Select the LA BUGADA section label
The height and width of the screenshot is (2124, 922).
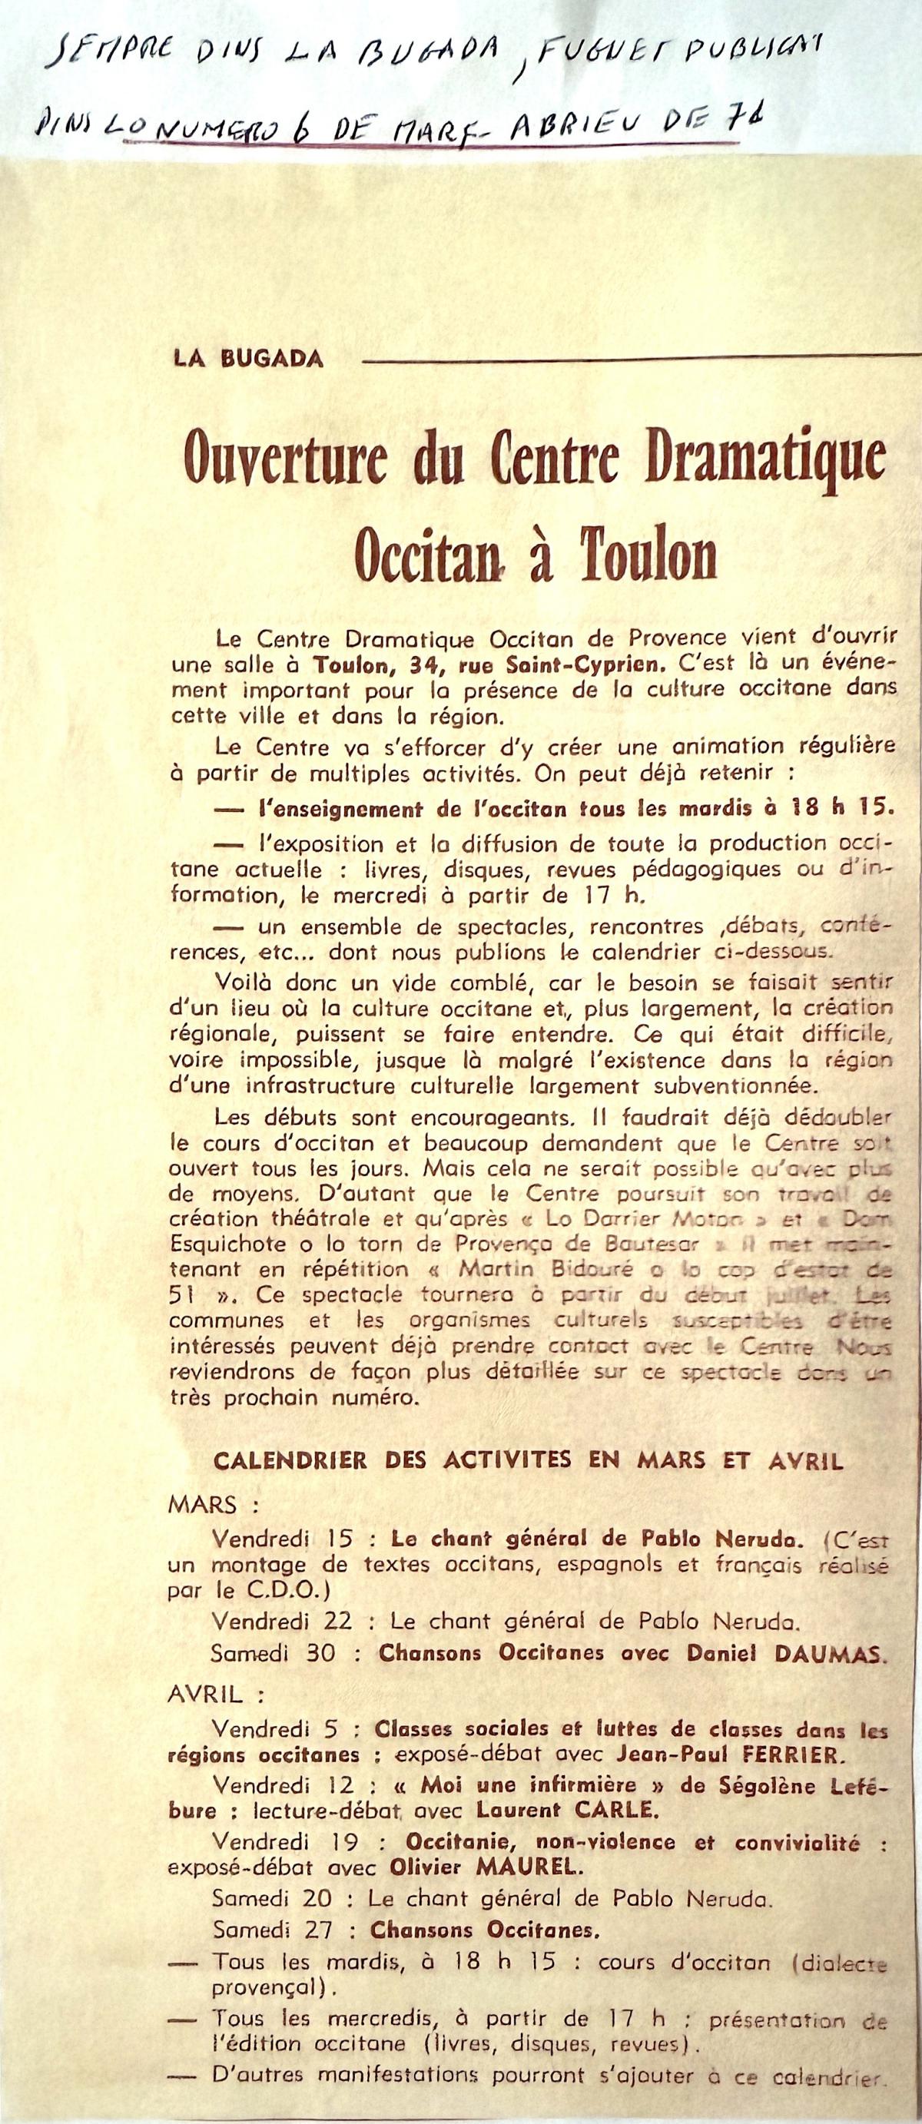click(247, 360)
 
